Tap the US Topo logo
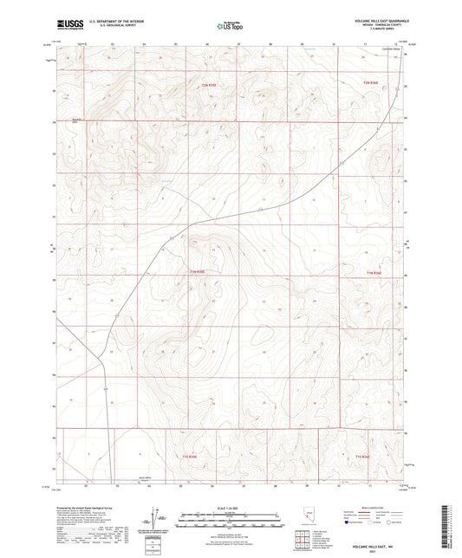[x=225, y=26]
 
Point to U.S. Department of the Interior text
[x=108, y=22]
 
